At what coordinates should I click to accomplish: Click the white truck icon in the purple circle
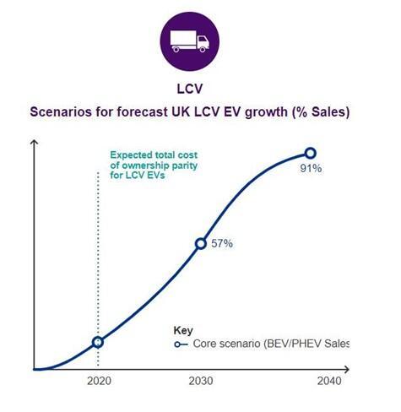[x=189, y=41]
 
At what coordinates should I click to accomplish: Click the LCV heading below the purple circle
[x=190, y=89]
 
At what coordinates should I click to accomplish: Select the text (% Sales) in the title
[x=321, y=112]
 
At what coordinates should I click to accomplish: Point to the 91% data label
[x=311, y=168]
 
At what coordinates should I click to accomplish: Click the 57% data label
[x=222, y=243]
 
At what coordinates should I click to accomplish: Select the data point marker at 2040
[x=311, y=154]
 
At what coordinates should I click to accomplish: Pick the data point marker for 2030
[x=201, y=243]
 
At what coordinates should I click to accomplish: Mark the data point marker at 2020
[x=98, y=342]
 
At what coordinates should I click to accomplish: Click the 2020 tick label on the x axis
[x=99, y=381]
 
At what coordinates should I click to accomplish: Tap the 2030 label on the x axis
[x=201, y=381]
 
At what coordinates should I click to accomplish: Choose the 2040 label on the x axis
[x=329, y=381]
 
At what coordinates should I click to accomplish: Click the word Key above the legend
[x=183, y=330]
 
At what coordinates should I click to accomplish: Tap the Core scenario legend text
[x=271, y=344]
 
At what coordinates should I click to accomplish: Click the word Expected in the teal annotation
[x=128, y=155]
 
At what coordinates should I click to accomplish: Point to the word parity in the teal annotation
[x=184, y=165]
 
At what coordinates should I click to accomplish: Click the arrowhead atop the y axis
[x=34, y=143]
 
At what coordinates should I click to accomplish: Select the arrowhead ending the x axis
[x=346, y=370]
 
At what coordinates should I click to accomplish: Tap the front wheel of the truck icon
[x=203, y=50]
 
